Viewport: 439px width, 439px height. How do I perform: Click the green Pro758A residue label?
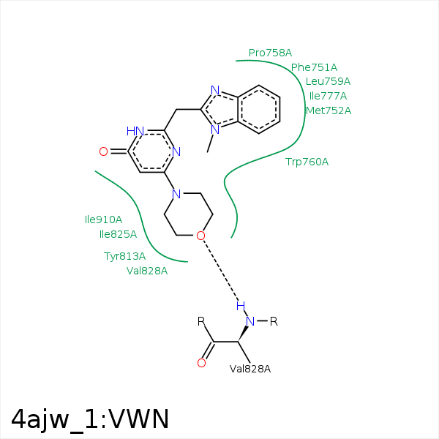pyautogui.click(x=270, y=53)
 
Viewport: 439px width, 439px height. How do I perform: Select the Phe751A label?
pyautogui.click(x=314, y=67)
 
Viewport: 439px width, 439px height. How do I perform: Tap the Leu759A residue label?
pyautogui.click(x=328, y=81)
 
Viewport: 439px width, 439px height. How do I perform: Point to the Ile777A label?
pyautogui.click(x=328, y=96)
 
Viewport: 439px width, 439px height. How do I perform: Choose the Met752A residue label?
pyautogui.click(x=329, y=110)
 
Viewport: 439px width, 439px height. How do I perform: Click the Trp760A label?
pyautogui.click(x=307, y=162)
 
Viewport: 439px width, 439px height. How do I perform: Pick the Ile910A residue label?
pyautogui.click(x=103, y=219)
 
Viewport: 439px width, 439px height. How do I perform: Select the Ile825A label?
pyautogui.click(x=118, y=234)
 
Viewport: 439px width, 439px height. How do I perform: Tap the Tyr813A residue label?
pyautogui.click(x=124, y=256)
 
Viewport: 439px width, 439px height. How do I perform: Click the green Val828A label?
pyautogui.click(x=147, y=271)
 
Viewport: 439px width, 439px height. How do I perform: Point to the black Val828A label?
pyautogui.click(x=250, y=369)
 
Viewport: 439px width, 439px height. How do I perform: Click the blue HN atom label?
pyautogui.click(x=135, y=131)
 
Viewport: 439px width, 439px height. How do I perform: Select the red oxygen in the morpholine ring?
pyautogui.click(x=200, y=236)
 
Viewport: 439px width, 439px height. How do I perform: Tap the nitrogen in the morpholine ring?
pyautogui.click(x=176, y=194)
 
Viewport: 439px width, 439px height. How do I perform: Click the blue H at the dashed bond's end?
pyautogui.click(x=241, y=307)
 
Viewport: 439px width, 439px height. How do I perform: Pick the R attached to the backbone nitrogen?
pyautogui.click(x=274, y=322)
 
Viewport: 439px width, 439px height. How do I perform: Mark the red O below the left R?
pyautogui.click(x=202, y=363)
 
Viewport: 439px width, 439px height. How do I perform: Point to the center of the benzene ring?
pyautogui.click(x=259, y=110)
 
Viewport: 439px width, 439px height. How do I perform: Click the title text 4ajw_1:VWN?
pyautogui.click(x=90, y=420)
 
